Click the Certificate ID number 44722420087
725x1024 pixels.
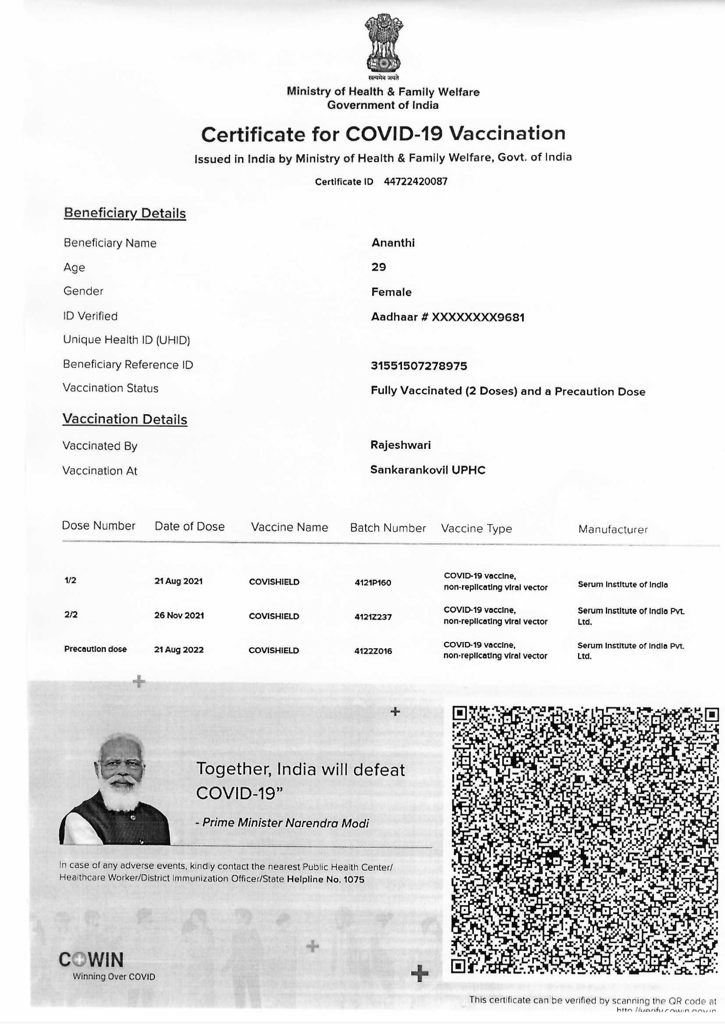pyautogui.click(x=415, y=181)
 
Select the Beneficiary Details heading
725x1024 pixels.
pyautogui.click(x=124, y=213)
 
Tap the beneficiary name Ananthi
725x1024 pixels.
pyautogui.click(x=393, y=243)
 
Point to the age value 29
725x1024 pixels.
pyautogui.click(x=379, y=267)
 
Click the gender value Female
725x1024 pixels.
pyautogui.click(x=391, y=292)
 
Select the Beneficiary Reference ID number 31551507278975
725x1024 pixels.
pyautogui.click(x=419, y=366)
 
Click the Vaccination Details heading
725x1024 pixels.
pyautogui.click(x=124, y=419)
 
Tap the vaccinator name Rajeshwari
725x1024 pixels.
pyautogui.click(x=401, y=445)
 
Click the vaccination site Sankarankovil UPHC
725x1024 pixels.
pyautogui.click(x=428, y=470)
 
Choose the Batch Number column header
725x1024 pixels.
pyautogui.click(x=388, y=528)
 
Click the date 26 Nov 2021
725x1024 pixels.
pyautogui.click(x=179, y=615)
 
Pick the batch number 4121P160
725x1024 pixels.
pyautogui.click(x=373, y=583)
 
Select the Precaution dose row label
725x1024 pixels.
pyautogui.click(x=96, y=649)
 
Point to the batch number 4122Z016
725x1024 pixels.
pyautogui.click(x=373, y=651)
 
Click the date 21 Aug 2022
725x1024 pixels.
pyautogui.click(x=178, y=650)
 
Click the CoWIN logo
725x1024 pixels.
pyautogui.click(x=91, y=960)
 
